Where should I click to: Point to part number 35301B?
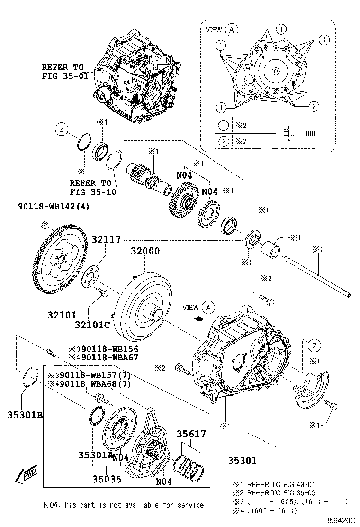[25, 416]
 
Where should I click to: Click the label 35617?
[191, 434]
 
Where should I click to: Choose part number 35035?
[107, 479]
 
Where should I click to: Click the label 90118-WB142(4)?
[54, 207]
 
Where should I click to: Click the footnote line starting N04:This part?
[124, 505]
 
